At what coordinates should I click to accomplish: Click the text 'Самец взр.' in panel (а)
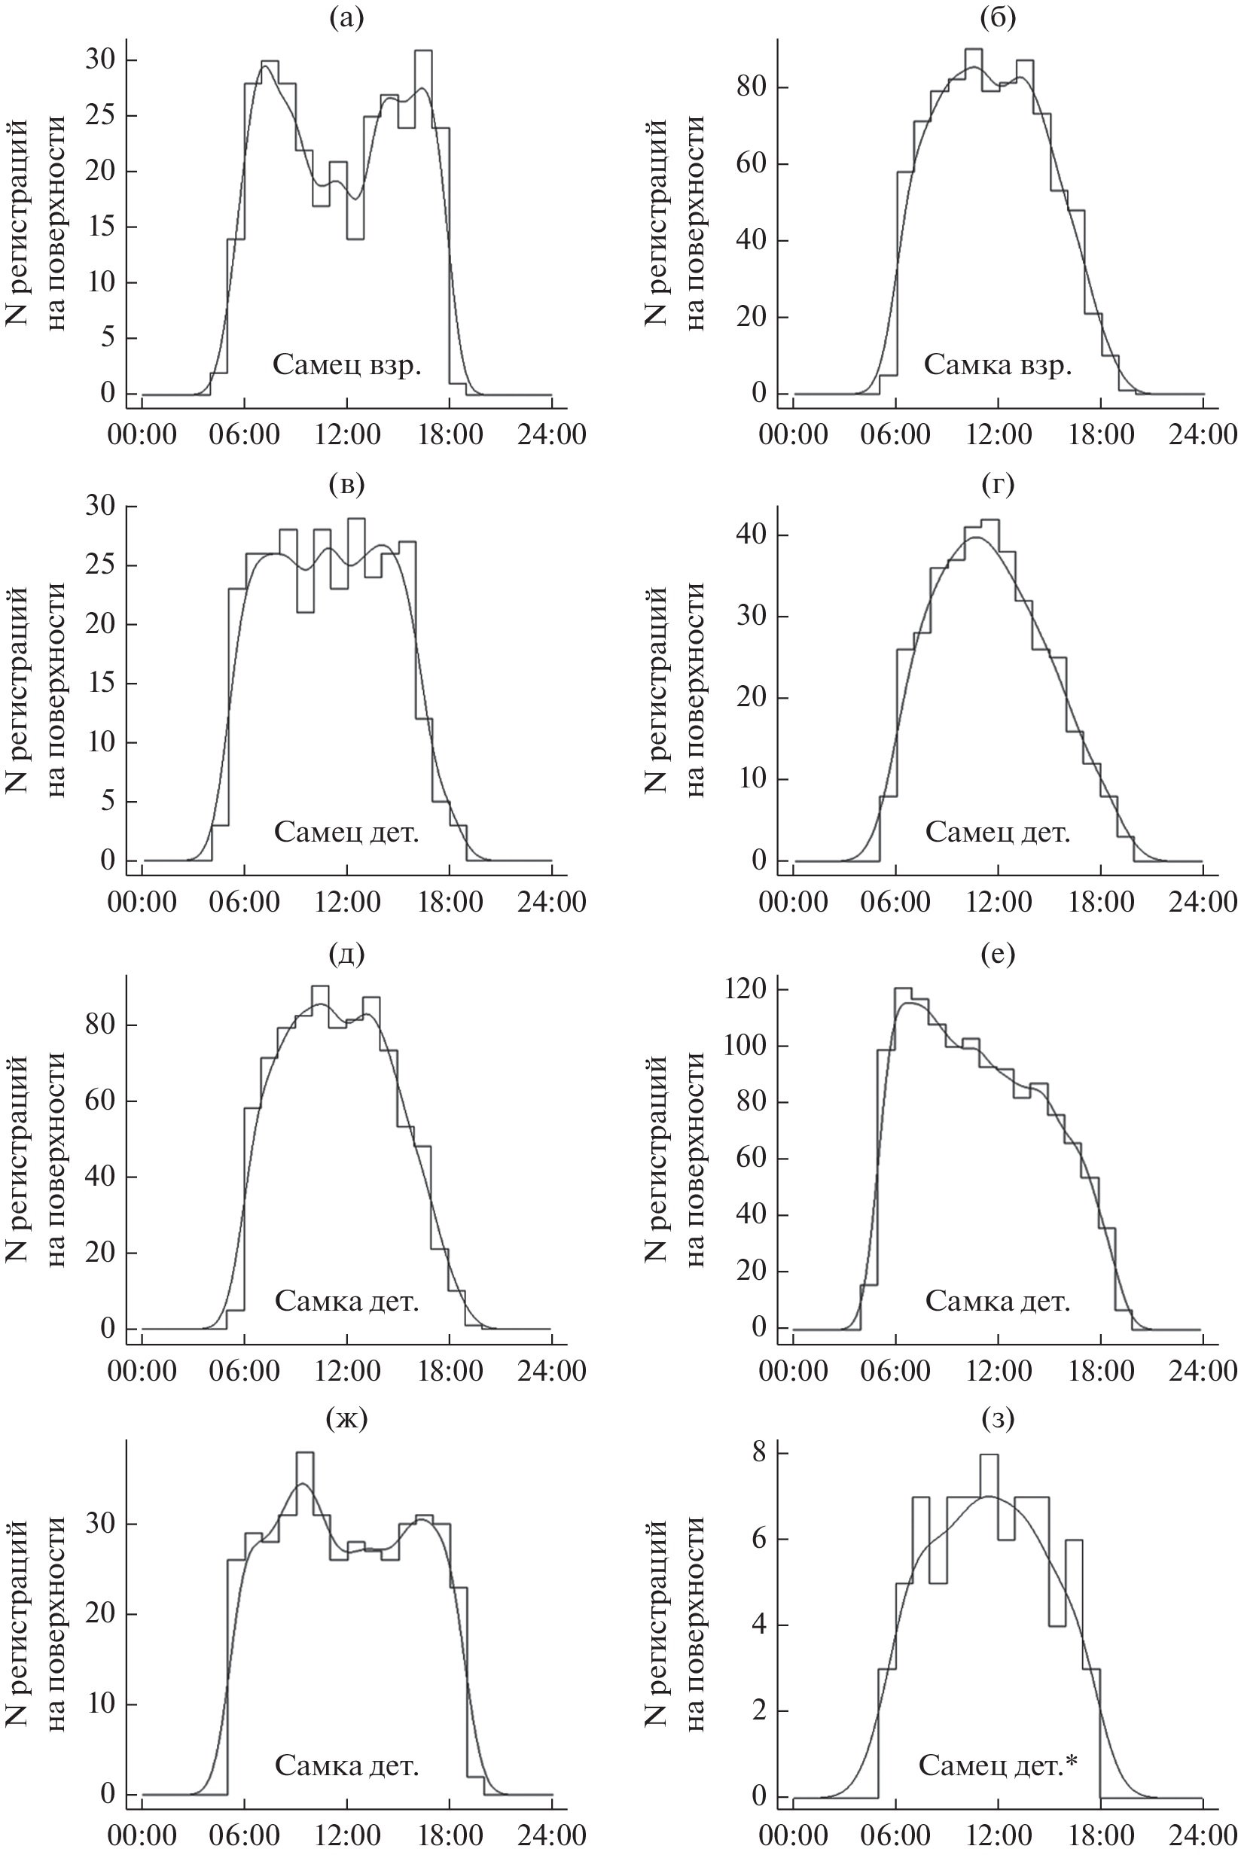(346, 365)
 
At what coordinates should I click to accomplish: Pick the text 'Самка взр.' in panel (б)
(997, 365)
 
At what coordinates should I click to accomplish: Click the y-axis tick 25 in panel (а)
(100, 116)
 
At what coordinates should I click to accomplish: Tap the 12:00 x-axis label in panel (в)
(346, 901)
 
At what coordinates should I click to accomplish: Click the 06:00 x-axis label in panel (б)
(895, 435)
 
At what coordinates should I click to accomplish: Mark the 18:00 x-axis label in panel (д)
(450, 1371)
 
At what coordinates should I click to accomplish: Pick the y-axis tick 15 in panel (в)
(100, 684)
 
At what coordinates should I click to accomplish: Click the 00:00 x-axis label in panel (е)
(793, 1371)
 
